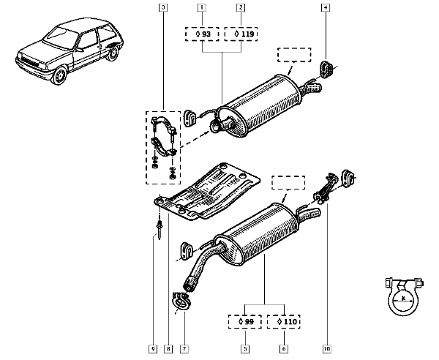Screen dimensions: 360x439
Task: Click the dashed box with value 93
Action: coord(201,34)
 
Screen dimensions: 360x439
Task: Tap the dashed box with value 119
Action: coord(241,34)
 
